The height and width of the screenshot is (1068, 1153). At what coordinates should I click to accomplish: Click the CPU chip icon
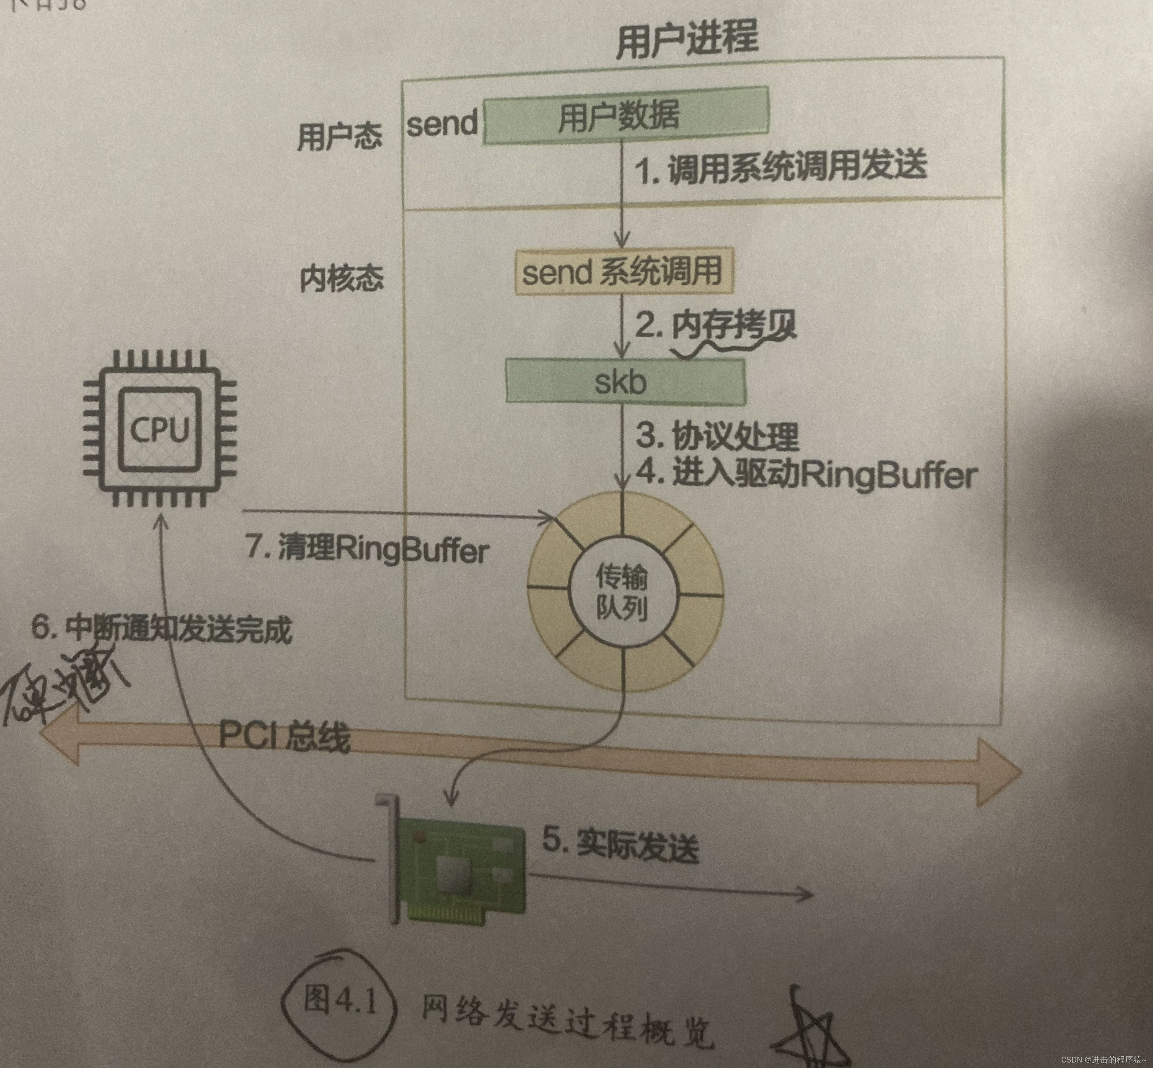click(160, 428)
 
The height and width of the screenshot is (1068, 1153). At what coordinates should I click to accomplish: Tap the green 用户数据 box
click(625, 116)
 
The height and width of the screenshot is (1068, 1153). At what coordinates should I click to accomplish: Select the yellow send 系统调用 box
click(623, 272)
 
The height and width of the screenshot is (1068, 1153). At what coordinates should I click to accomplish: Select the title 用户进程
click(687, 38)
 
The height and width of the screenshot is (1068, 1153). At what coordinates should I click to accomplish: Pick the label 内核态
click(341, 278)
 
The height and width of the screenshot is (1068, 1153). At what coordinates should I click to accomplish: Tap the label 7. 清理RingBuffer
click(367, 548)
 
